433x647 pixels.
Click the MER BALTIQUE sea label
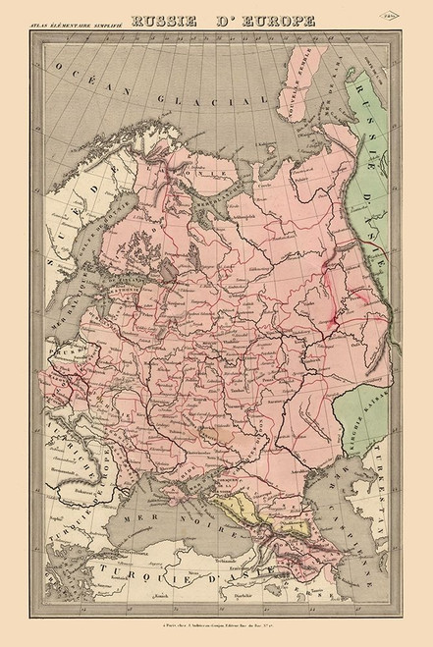72,324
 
